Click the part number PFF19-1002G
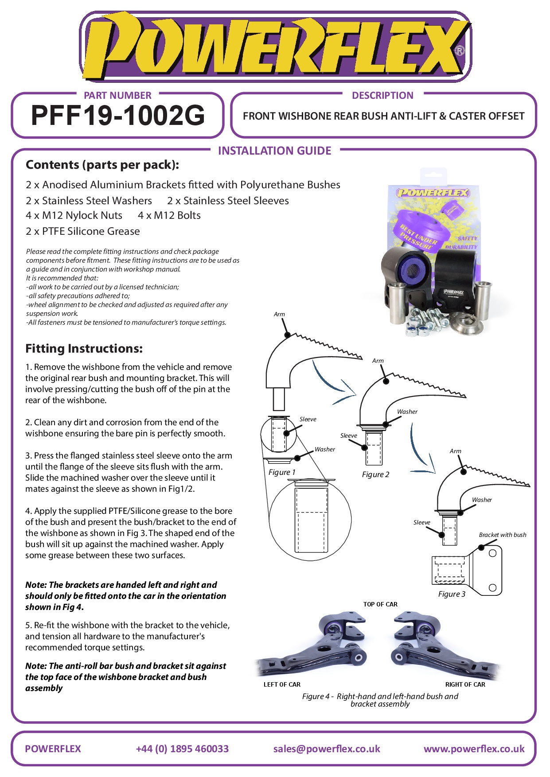coord(118,116)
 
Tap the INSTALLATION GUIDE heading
coord(275,151)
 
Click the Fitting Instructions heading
coord(84,349)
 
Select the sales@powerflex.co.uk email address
coord(327,749)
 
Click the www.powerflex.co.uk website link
coord(474,749)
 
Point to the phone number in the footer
coord(182,749)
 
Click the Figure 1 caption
coord(282,472)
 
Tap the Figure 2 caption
coord(375,474)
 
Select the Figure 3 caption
coord(452,594)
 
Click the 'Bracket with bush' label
coord(503,535)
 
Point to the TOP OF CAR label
coord(380,604)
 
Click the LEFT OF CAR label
coord(282,684)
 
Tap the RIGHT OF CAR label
coord(465,684)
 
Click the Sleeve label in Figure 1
coord(308,419)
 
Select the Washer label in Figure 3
coord(482,500)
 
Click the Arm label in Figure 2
coord(378,361)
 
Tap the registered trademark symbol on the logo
coord(460,51)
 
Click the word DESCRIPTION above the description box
coord(382,95)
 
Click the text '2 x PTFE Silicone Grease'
coord(83,231)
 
